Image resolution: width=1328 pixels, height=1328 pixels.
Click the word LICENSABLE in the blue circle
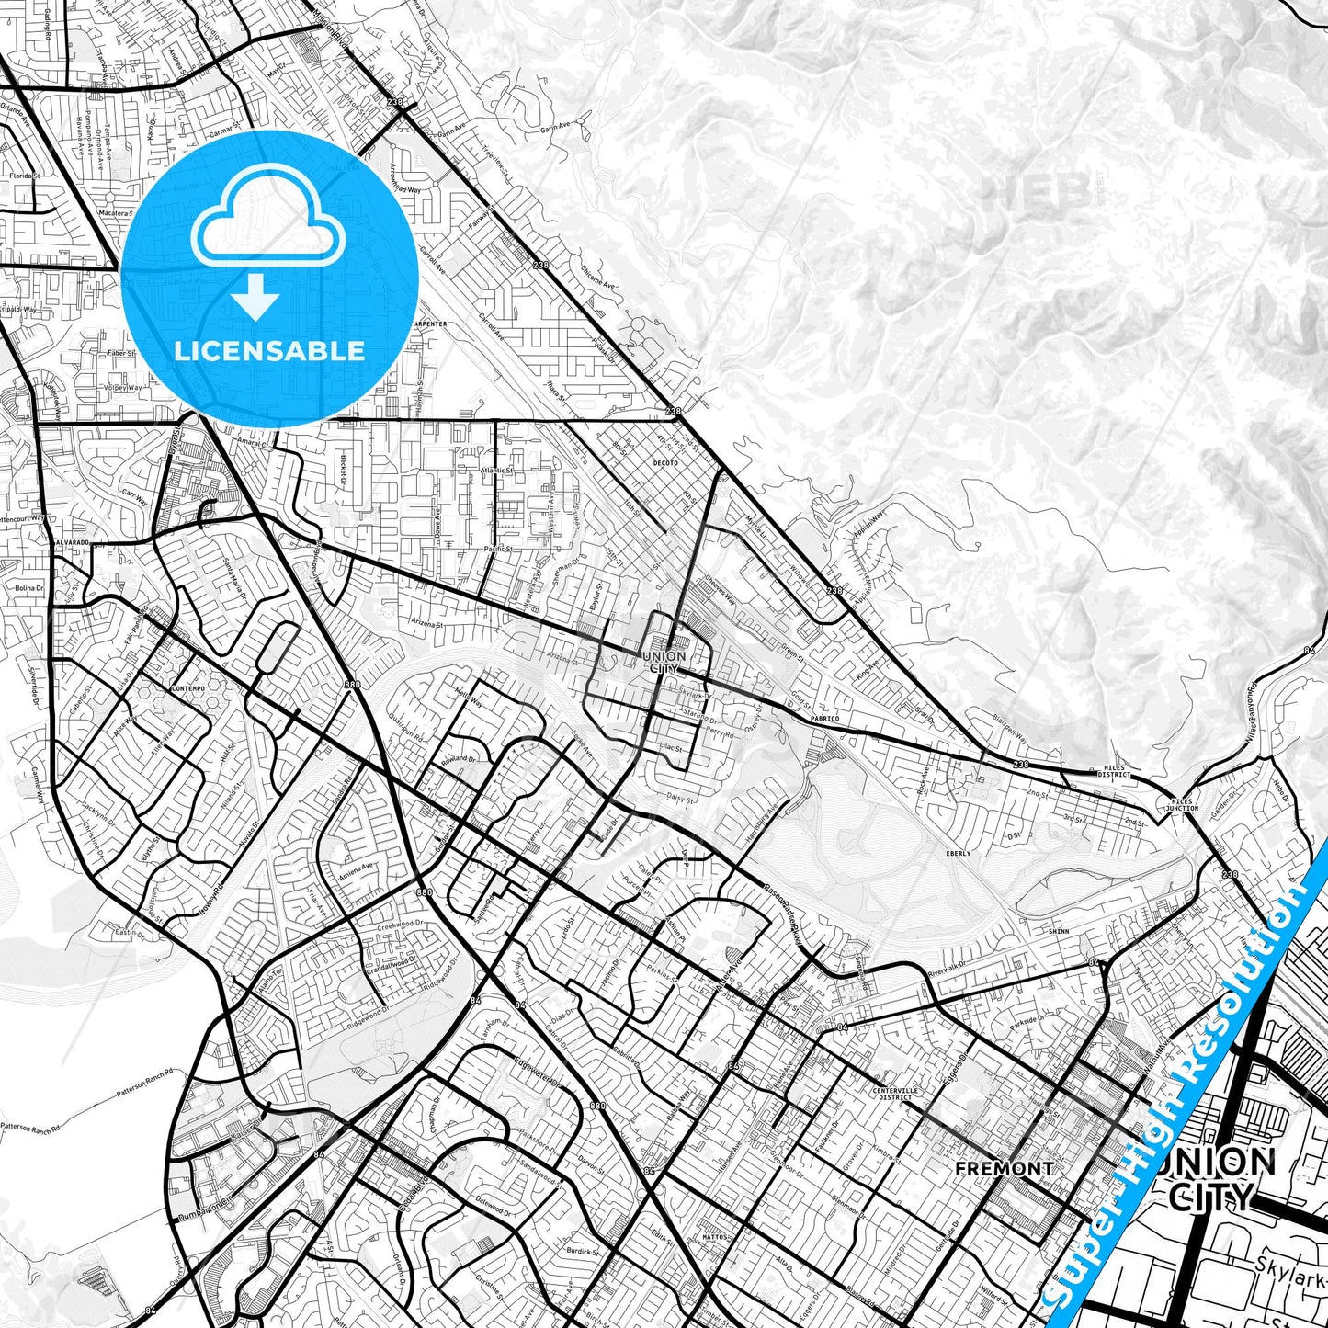tap(269, 351)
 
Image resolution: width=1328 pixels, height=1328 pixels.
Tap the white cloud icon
tap(268, 223)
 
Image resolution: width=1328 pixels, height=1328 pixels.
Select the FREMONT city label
tap(1005, 1168)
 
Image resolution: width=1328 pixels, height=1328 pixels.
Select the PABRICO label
tap(824, 718)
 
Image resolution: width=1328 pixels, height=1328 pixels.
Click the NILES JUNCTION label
tap(1183, 805)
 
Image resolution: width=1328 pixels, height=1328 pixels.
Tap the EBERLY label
tap(958, 853)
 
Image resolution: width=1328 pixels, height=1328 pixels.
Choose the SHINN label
tap(1059, 931)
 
